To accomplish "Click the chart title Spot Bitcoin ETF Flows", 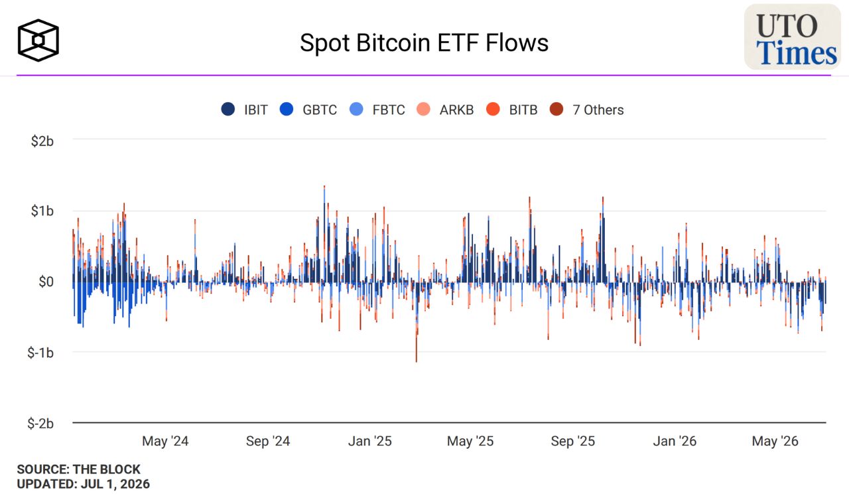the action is [x=424, y=42].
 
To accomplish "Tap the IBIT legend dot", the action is [x=228, y=110].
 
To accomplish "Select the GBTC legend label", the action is [x=320, y=110].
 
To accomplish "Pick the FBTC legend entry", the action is [x=377, y=110].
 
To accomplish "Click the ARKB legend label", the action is [x=456, y=110].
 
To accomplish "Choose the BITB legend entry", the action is [x=511, y=110].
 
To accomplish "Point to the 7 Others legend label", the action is [x=598, y=110].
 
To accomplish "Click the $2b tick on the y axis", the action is [x=42, y=141].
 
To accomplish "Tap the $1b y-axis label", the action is [x=42, y=210].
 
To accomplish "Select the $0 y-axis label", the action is [x=46, y=282].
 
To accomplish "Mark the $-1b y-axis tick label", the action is [x=40, y=353].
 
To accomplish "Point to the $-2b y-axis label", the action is [x=40, y=423].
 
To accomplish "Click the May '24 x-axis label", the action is [x=165, y=441].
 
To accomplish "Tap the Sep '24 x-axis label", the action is [x=268, y=441].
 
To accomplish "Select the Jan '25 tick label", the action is [x=370, y=441].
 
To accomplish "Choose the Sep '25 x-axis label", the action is [x=572, y=441].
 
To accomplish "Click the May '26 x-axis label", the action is [x=775, y=441].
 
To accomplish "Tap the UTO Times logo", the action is [x=793, y=37].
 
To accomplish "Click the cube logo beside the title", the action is [x=38, y=41].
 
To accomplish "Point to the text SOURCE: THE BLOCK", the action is [x=78, y=469].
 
